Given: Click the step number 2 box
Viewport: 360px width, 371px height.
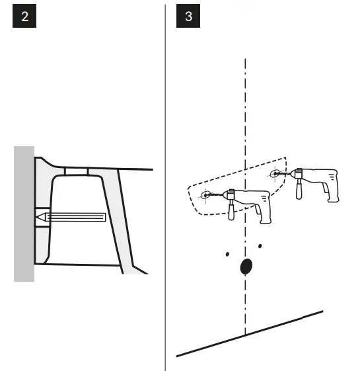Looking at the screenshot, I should (24, 17).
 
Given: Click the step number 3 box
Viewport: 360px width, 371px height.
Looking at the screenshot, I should (189, 17).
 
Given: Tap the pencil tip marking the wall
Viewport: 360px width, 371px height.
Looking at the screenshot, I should (38, 216).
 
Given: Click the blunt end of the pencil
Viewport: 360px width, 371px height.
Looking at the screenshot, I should (105, 216).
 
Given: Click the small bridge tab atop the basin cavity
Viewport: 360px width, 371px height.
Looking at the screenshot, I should (77, 171).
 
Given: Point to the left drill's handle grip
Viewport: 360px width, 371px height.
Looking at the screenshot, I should (231, 211).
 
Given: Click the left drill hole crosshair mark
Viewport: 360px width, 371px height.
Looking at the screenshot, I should (205, 195).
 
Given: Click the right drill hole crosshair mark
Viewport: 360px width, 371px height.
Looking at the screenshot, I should (274, 175).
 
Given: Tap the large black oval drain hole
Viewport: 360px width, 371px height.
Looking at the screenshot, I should (245, 266).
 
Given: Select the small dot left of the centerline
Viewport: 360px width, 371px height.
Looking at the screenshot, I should (227, 253).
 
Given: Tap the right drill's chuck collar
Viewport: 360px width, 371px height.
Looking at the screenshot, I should (291, 175).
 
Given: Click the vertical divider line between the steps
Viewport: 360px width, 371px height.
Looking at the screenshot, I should (165, 185).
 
